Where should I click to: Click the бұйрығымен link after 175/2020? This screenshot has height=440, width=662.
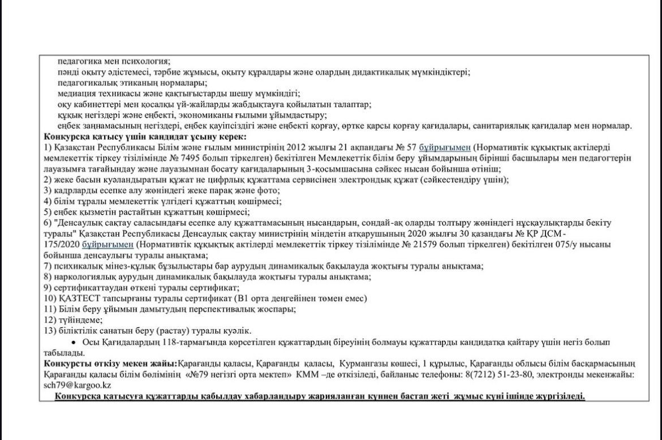[x=108, y=244]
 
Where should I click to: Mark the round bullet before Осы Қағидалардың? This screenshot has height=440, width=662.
[x=73, y=342]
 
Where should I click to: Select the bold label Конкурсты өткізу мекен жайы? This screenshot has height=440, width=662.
[x=111, y=363]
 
